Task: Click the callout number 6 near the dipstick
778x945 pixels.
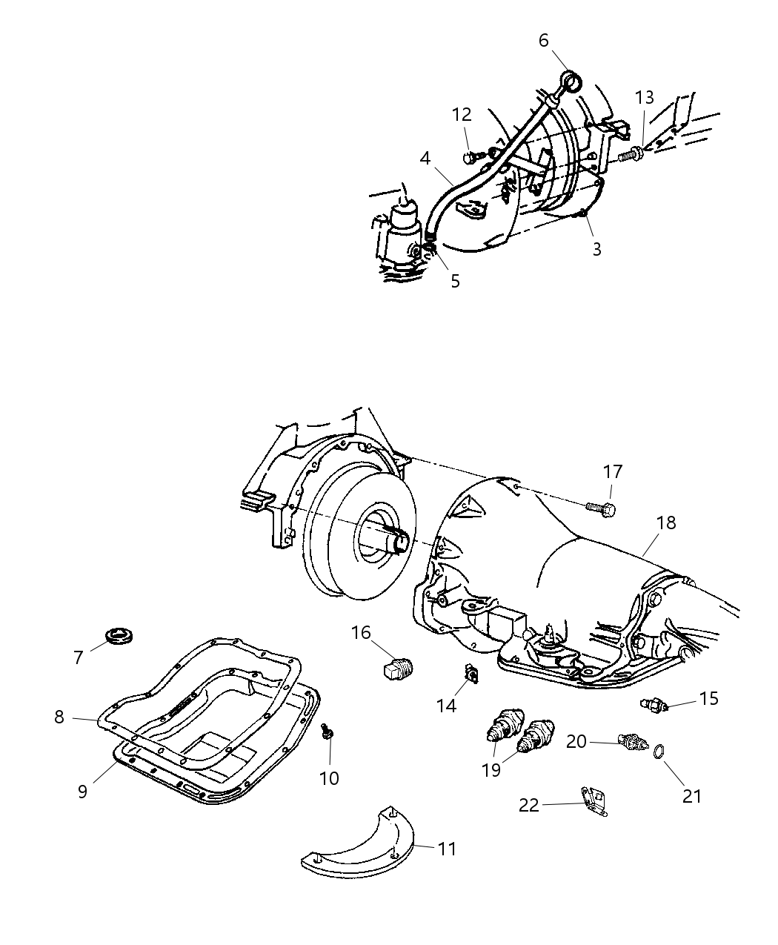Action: (x=543, y=40)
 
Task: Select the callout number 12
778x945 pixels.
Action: (x=462, y=115)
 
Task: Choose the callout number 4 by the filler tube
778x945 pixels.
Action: (x=425, y=158)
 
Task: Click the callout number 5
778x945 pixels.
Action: (x=455, y=281)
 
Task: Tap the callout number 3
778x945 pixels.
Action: (x=596, y=249)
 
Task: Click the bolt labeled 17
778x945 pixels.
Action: (x=601, y=509)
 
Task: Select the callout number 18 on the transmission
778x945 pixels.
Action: (x=666, y=523)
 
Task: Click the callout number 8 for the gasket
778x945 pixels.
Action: (x=59, y=717)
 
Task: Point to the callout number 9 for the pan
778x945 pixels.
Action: (x=82, y=791)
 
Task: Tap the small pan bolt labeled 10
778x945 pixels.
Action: (x=327, y=733)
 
